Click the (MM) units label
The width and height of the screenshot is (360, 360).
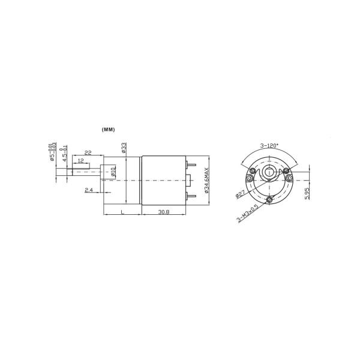coord(108,130)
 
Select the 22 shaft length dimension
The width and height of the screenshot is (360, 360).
coord(88,153)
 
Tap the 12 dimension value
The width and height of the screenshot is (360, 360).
coord(80,161)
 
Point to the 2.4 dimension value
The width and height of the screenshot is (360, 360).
coord(89,190)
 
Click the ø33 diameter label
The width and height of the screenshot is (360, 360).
coord(124,148)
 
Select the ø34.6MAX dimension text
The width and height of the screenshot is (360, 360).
coord(206,180)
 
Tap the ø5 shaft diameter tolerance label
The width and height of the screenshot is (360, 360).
coord(51,152)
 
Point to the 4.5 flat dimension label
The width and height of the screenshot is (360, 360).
coord(62,153)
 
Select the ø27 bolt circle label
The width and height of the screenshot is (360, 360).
coord(242,192)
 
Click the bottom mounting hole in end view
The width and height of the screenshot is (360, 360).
coord(270,200)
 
